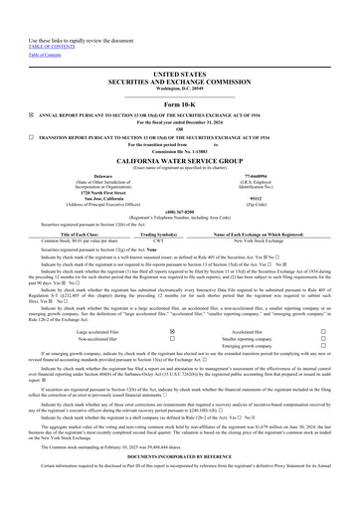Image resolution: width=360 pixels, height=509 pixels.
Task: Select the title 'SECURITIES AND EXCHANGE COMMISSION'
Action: click(179, 82)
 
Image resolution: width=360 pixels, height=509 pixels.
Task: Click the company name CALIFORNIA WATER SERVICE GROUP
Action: click(179, 159)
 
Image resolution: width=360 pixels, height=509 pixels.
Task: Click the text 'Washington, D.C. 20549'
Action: click(179, 88)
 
